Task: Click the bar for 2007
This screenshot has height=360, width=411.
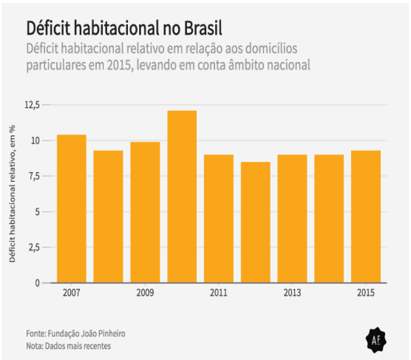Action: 72,209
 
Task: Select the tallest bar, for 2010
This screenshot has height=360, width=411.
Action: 182,197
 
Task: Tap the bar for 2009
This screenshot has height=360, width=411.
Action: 145,212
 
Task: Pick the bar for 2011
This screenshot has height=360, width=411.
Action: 219,219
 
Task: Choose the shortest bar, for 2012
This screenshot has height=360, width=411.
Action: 256,223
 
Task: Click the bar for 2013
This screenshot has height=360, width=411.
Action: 292,219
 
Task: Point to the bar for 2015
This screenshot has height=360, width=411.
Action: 366,217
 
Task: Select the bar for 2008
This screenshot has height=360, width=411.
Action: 109,217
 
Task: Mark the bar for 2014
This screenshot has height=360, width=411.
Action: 329,219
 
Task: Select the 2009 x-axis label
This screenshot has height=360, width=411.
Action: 145,293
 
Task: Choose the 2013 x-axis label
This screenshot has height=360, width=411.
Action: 292,293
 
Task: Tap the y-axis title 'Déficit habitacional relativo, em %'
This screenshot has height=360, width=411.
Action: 13,194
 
